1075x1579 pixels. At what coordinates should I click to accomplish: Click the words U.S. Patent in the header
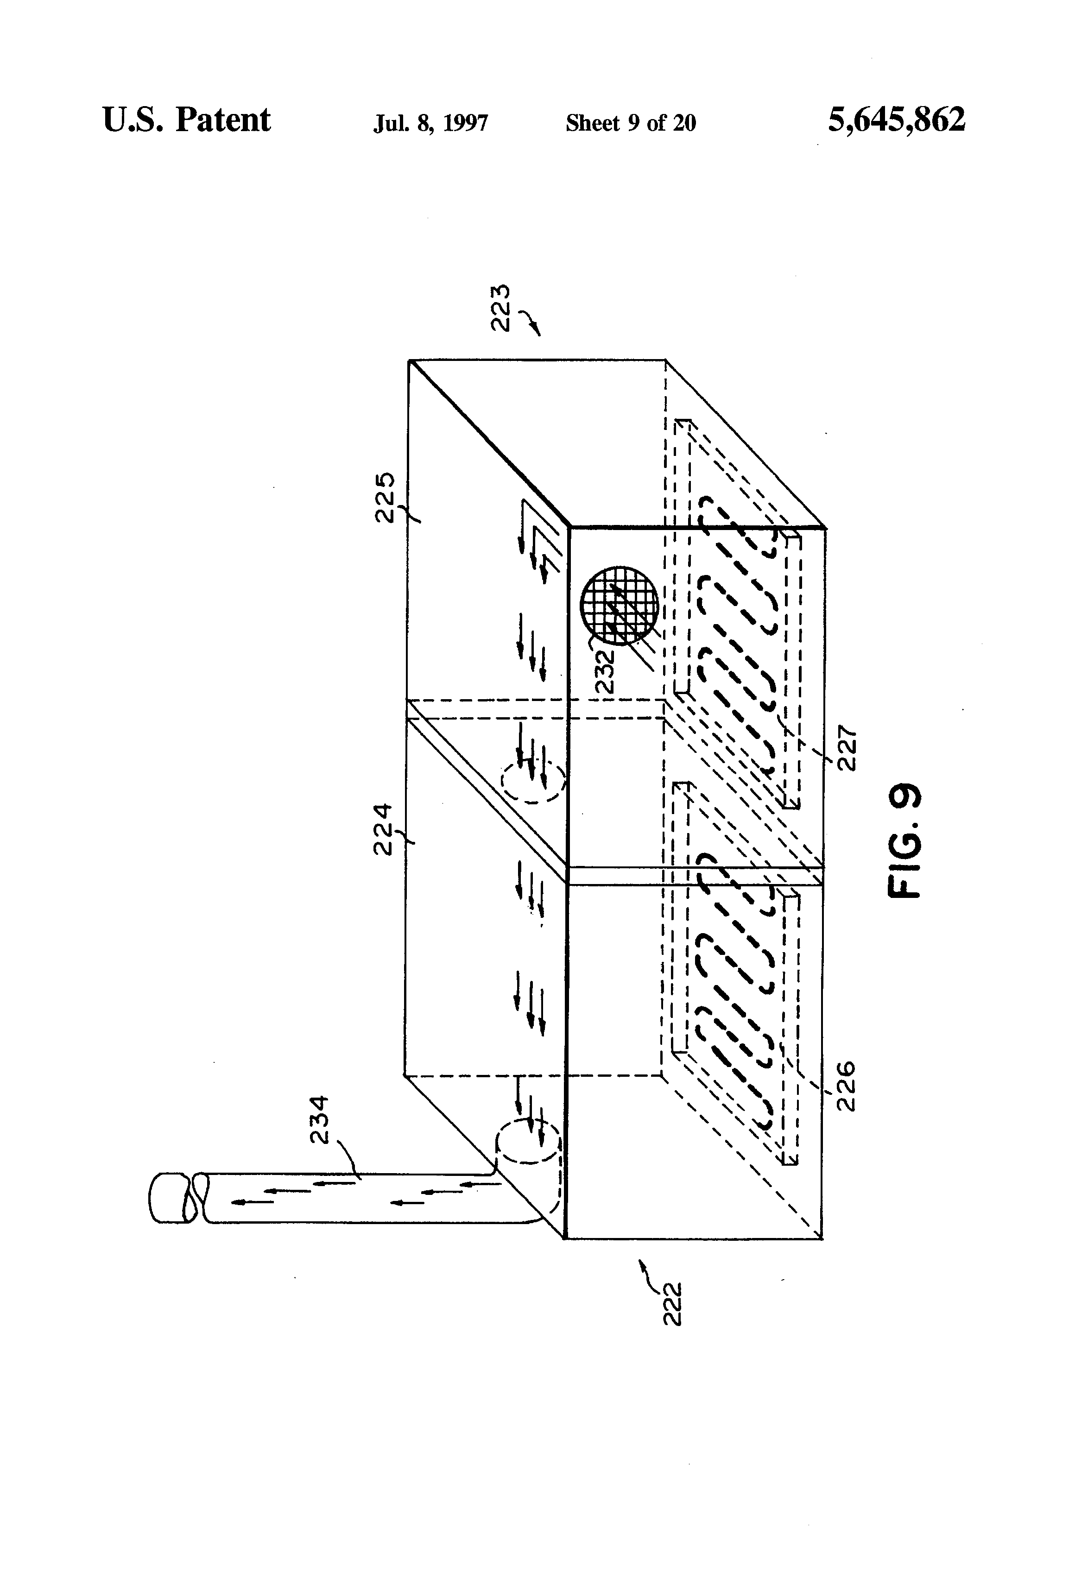point(186,120)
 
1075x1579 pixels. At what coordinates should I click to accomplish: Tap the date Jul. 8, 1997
point(431,123)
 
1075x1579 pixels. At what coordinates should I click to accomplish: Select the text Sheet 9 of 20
point(631,123)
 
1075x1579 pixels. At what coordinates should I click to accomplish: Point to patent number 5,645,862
point(896,120)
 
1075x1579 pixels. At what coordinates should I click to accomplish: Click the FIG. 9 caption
point(906,840)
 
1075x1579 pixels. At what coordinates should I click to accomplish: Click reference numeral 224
point(384,829)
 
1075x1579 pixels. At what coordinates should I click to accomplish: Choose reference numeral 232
point(604,671)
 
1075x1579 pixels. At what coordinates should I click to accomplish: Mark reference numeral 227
point(847,749)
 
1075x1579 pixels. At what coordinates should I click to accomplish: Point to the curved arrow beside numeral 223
point(531,322)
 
